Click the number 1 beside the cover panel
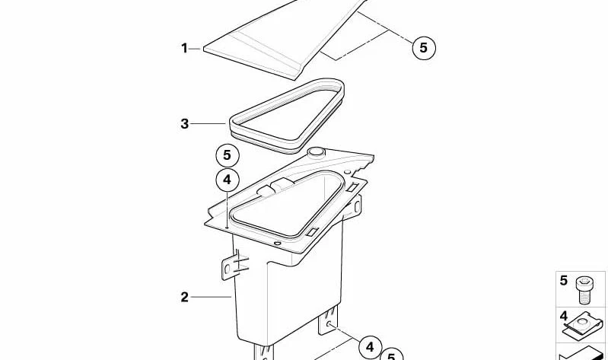[x=184, y=49]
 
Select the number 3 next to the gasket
[x=185, y=124]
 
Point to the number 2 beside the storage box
[x=185, y=297]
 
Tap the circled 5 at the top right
[x=423, y=48]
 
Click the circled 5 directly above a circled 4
[x=228, y=155]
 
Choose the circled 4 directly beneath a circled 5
[x=228, y=180]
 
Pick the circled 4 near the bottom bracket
[x=370, y=347]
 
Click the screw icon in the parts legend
[x=584, y=290]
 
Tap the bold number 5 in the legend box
[x=563, y=281]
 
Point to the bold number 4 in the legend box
[x=563, y=316]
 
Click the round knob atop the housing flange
[x=316, y=151]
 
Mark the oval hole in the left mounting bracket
[x=228, y=269]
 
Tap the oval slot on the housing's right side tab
[x=357, y=207]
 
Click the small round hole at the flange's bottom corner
[x=277, y=244]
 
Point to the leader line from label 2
[x=211, y=297]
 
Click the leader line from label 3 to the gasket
[x=208, y=124]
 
